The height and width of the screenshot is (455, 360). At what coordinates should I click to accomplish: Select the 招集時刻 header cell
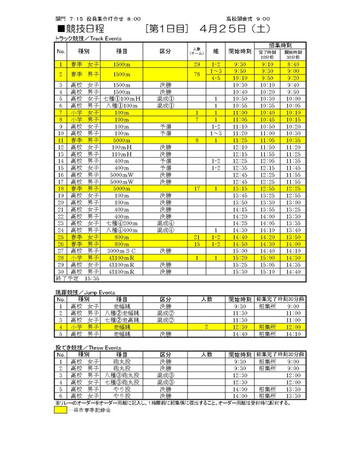[280, 46]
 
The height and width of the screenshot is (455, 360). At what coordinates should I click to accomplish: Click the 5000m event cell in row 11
[121, 140]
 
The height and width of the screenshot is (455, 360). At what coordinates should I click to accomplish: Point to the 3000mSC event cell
[121, 251]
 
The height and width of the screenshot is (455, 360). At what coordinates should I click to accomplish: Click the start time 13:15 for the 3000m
[240, 188]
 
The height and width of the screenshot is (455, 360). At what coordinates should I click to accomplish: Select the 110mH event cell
[121, 154]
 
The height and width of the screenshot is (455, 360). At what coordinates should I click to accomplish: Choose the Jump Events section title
[85, 293]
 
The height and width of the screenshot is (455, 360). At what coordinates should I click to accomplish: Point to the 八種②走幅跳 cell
[121, 313]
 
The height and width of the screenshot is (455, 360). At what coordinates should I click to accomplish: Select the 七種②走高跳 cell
[121, 320]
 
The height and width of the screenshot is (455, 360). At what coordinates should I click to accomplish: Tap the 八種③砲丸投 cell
[121, 375]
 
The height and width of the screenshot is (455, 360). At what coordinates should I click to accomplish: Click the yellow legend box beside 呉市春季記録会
[60, 410]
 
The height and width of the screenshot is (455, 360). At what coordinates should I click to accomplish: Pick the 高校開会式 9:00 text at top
[248, 19]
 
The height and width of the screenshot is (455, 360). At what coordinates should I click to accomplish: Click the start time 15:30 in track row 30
[240, 271]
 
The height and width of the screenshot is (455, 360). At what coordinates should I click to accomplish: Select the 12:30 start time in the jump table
[240, 327]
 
